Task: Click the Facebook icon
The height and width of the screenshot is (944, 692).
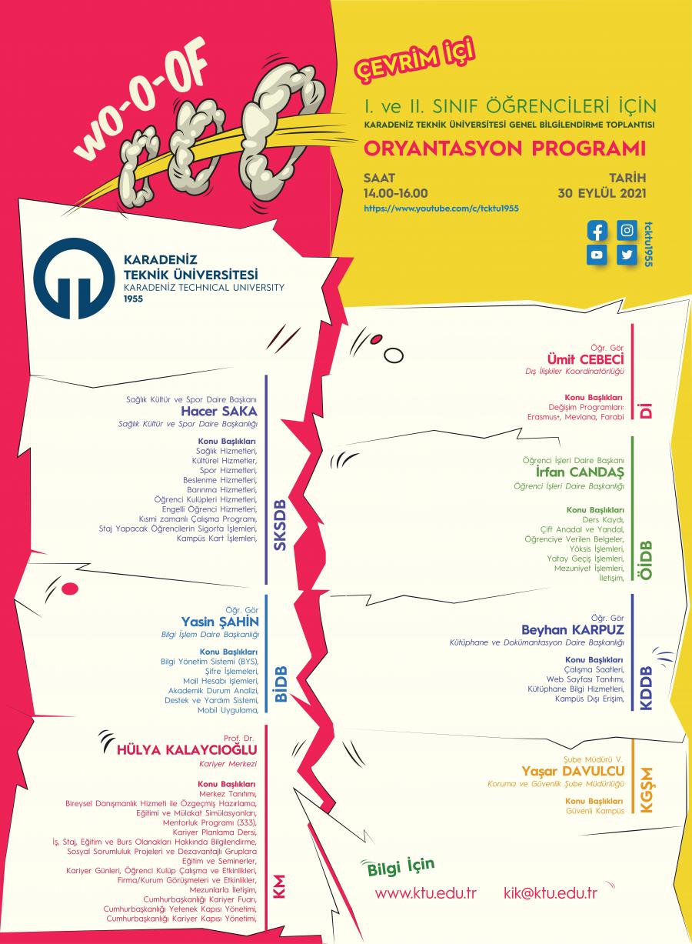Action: pos(597,231)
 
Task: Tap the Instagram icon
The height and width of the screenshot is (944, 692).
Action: pos(627,231)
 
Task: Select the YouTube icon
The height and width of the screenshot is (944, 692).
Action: pos(597,255)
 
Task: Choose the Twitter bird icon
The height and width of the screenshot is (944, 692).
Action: pos(627,255)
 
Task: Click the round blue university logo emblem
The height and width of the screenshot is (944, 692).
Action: pos(74,279)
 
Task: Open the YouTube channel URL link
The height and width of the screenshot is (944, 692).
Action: pos(441,208)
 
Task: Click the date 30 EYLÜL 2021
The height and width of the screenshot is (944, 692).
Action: pos(602,193)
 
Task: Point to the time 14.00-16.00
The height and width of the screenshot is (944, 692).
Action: pos(395,193)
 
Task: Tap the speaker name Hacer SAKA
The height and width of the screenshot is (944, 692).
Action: pos(219,411)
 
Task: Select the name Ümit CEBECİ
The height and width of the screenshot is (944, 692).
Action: pos(585,359)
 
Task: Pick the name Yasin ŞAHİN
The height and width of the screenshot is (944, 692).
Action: pos(220,622)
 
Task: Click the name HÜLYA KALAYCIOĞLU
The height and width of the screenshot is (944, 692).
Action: pos(187,749)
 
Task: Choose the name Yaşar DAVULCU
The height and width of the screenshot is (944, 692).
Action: pos(574,771)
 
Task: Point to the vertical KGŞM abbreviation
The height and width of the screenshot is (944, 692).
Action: pos(646,790)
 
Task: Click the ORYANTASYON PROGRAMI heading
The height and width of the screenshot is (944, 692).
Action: pos(505,148)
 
